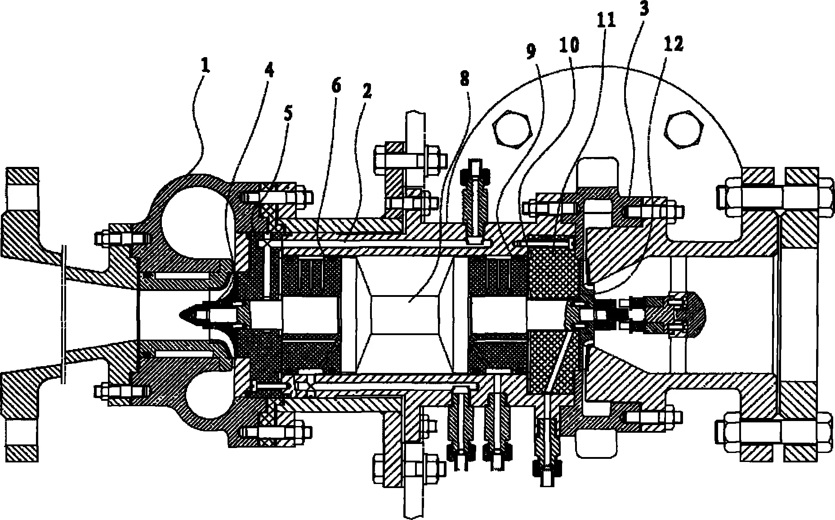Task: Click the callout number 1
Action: point(205,67)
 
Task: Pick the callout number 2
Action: point(366,92)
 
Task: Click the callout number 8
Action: point(464,79)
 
